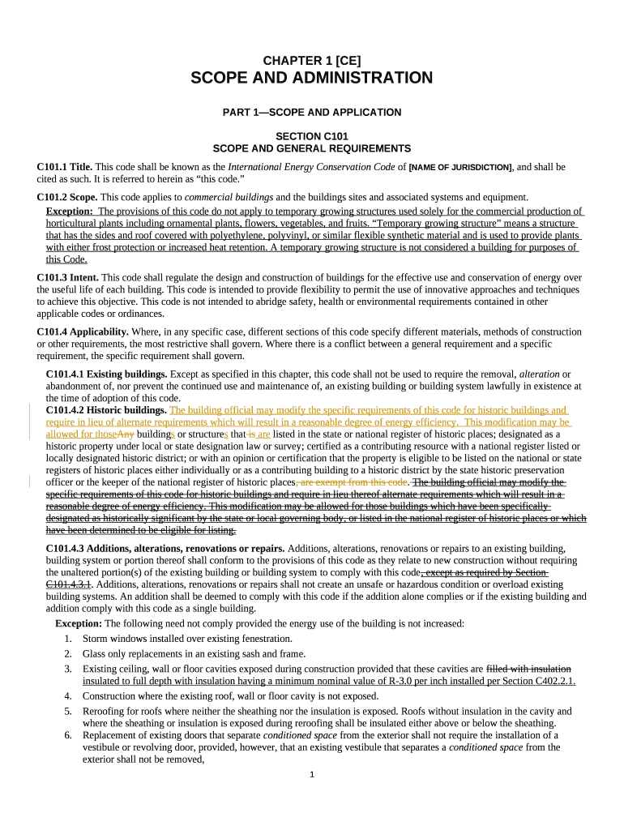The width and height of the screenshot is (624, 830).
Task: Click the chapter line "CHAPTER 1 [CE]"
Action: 312,60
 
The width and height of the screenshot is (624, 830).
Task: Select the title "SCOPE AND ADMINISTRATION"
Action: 312,78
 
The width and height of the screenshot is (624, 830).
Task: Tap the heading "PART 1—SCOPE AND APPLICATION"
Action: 312,112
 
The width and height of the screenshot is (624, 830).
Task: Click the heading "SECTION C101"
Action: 312,136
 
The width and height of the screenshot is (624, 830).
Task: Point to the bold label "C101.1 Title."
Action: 65,167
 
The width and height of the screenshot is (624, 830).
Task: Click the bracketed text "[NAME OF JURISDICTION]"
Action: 460,167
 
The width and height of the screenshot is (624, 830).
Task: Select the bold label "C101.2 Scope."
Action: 67,197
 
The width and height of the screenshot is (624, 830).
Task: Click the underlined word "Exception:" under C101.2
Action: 70,211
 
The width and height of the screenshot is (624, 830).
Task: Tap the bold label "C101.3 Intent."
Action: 68,277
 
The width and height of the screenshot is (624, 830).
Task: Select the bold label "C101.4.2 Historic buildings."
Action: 106,410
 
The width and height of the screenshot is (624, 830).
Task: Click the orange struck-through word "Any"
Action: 126,434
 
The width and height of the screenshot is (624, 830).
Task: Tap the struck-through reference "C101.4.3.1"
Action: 68,584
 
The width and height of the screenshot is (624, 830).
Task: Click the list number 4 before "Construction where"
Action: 68,695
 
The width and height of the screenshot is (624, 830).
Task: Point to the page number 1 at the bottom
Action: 312,775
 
